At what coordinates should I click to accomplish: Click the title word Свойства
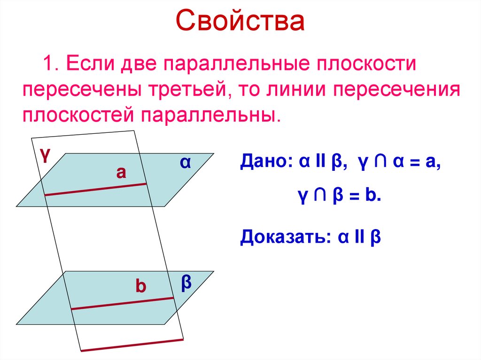coord(240,22)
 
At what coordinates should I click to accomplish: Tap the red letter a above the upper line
coord(121,173)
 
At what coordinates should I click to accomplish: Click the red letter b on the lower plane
coord(141,286)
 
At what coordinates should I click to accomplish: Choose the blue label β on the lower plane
coord(186,283)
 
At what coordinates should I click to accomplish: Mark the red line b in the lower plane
coord(122,303)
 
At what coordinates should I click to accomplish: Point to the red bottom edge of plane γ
coord(132,345)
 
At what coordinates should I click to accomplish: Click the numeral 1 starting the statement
coord(48,63)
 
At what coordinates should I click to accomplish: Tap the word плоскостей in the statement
coord(77,115)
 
